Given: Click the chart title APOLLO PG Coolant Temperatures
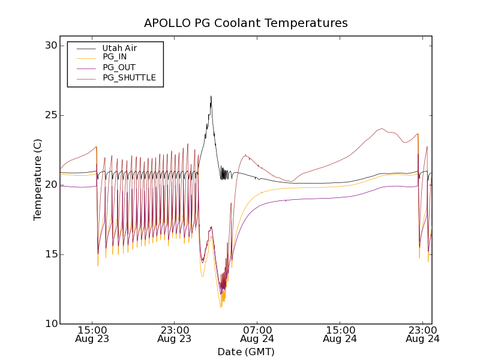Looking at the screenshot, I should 245,23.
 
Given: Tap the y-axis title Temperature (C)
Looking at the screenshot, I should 38,180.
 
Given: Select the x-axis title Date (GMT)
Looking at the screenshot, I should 245,352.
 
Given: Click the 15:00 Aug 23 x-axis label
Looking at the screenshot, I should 92,334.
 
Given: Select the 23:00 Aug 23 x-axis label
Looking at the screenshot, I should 175,334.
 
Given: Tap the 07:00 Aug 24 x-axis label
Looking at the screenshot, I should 257,334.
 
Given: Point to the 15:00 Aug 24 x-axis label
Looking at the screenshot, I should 340,334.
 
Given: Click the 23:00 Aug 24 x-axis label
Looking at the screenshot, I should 423,334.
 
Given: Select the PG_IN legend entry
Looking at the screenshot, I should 115,57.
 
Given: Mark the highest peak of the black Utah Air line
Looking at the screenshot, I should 211,96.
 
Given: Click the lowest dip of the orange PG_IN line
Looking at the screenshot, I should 221,307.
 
